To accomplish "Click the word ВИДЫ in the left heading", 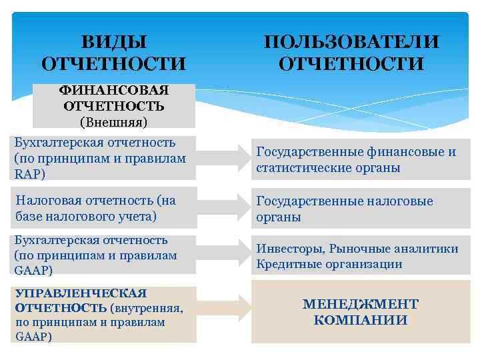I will tap(113, 42).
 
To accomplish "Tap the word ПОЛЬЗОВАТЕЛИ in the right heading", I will tap(351, 42).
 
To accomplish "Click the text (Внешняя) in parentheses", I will tap(113, 121).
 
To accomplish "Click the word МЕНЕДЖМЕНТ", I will tap(361, 304).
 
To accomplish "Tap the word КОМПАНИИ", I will tap(361, 320).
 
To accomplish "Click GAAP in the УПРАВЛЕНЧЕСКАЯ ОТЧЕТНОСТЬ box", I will tap(28, 336).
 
